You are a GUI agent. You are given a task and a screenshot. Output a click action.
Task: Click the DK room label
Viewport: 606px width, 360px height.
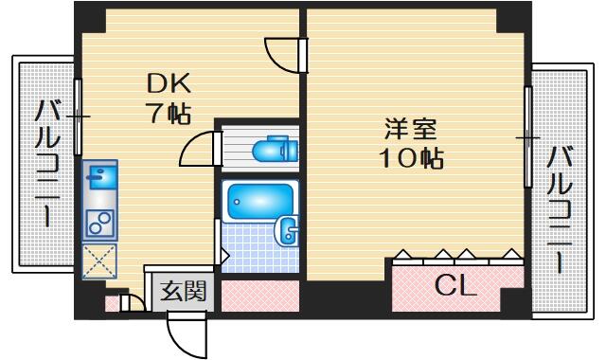(169, 84)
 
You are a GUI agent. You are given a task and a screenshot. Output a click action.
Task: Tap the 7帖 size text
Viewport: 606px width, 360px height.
(169, 114)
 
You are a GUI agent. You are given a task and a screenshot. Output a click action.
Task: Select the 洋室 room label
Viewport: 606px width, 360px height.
(410, 129)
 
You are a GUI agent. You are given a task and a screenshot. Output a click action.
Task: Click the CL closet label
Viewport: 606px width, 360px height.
(454, 286)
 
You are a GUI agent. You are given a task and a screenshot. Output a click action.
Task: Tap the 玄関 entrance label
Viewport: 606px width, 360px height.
(183, 291)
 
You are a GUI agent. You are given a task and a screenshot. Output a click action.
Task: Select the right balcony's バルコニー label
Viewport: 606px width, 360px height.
(560, 208)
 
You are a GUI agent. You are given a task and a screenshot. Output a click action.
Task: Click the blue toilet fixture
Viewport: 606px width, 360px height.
(276, 149)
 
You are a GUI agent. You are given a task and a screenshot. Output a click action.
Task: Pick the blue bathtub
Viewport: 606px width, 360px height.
(260, 202)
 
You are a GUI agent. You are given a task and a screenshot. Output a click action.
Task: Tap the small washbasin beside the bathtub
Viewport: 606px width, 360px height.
(286, 231)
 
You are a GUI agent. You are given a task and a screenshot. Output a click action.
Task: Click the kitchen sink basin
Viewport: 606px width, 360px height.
(100, 177)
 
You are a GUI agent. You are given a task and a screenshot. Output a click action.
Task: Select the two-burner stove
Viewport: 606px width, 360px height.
(99, 224)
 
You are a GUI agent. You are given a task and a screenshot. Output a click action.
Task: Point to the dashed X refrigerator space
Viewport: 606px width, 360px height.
(99, 261)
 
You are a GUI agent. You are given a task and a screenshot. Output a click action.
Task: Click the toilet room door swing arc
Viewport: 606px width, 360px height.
(192, 144)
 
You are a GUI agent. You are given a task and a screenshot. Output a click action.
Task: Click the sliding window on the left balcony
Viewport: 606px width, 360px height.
(78, 117)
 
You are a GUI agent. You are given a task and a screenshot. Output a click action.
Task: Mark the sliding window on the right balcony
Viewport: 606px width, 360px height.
(527, 137)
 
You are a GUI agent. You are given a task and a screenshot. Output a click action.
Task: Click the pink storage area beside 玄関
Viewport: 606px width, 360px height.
(259, 296)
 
